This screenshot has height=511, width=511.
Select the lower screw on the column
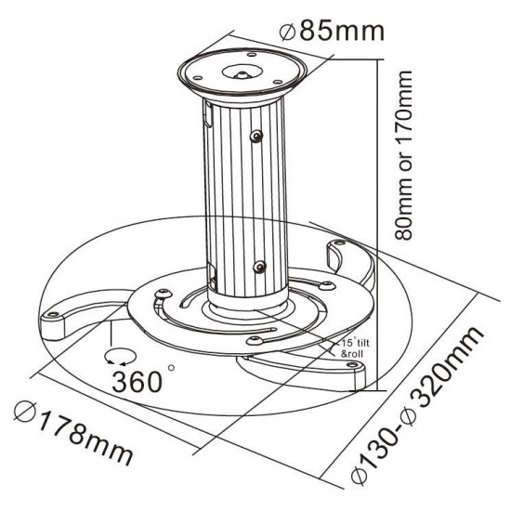point(261,268)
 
